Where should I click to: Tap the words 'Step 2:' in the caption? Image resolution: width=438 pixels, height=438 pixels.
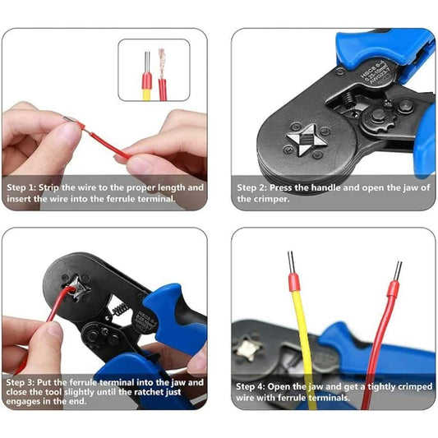tap(252, 187)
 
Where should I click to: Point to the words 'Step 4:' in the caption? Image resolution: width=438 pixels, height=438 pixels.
tap(252, 385)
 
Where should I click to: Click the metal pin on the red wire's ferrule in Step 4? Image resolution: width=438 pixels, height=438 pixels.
tap(398, 271)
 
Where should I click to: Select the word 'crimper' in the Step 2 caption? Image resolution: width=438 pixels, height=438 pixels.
tap(256, 199)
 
